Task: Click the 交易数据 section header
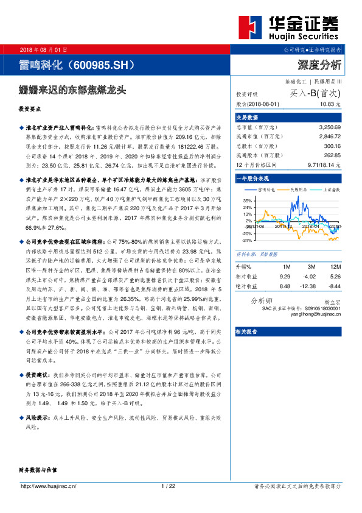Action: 247,116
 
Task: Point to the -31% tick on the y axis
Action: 246,240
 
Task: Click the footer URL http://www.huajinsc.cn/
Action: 48,486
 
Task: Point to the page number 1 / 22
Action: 168,486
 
